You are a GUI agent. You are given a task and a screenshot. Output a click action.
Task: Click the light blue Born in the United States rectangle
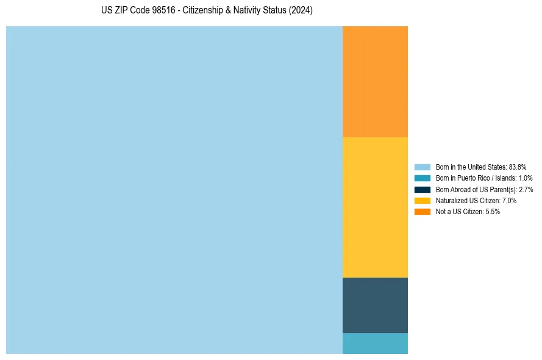click(x=174, y=190)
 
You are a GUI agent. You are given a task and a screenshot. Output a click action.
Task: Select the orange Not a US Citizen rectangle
click(x=375, y=82)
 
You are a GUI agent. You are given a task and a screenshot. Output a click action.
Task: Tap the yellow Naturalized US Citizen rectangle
click(x=375, y=207)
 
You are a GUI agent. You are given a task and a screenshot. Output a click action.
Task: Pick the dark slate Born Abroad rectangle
click(x=375, y=305)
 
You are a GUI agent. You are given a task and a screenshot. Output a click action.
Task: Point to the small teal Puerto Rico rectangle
click(x=375, y=344)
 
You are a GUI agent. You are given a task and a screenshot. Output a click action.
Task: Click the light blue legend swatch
click(x=423, y=167)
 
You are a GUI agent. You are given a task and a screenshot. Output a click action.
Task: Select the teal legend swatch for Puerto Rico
click(x=423, y=178)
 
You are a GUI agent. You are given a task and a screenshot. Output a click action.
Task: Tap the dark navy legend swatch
click(x=423, y=189)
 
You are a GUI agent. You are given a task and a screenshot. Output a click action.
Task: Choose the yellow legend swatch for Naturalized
click(x=423, y=200)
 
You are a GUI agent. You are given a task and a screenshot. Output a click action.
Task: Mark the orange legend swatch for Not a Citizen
click(x=423, y=212)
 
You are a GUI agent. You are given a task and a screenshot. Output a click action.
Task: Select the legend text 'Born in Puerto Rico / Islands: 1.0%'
click(x=484, y=178)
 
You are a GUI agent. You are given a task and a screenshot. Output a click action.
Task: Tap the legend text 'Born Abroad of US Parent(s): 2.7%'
click(x=484, y=189)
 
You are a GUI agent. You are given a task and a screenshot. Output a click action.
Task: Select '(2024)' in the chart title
click(x=301, y=11)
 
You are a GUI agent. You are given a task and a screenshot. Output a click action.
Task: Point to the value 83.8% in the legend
click(x=517, y=167)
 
